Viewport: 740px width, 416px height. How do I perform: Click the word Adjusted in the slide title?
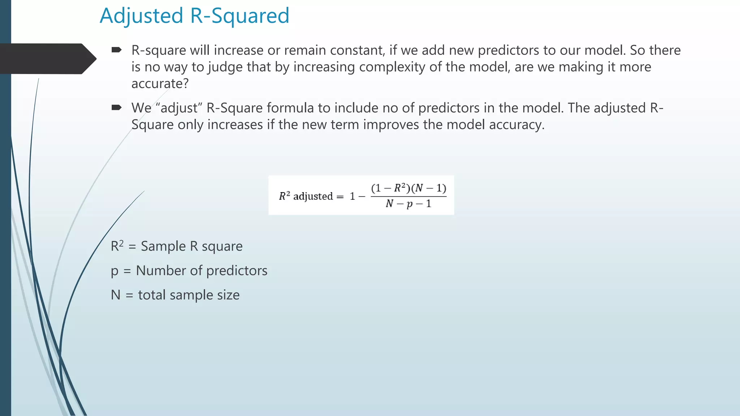point(141,16)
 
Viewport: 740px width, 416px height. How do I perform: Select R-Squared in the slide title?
point(240,16)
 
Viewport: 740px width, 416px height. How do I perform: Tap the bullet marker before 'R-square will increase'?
point(116,50)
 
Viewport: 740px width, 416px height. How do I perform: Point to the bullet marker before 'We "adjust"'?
point(116,107)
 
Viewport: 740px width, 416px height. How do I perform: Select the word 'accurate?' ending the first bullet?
point(160,84)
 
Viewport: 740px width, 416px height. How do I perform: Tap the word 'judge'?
point(225,67)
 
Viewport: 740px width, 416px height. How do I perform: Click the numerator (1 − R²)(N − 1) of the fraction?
point(409,188)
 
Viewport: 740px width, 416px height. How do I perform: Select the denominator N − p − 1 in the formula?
point(408,204)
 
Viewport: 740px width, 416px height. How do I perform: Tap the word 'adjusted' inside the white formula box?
point(313,196)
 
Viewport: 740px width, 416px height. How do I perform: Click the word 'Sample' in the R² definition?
point(163,246)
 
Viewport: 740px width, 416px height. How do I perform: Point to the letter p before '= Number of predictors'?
point(115,272)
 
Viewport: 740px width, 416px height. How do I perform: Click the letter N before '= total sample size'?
point(116,295)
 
